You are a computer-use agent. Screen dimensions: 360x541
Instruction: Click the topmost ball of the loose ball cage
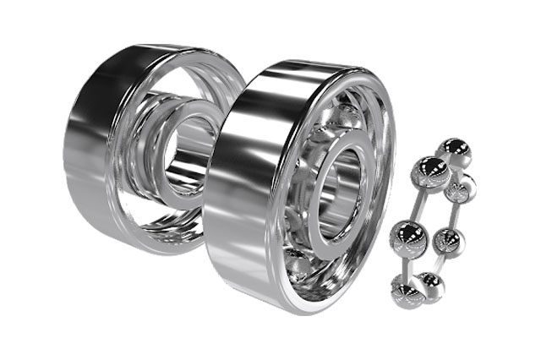(x=454, y=151)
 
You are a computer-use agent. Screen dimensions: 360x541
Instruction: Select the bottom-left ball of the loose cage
(x=407, y=289)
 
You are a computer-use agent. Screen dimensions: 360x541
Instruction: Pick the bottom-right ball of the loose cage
(x=430, y=286)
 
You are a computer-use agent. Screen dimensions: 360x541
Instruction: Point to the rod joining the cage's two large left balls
(x=418, y=203)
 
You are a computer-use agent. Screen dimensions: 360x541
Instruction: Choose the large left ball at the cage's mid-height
(x=407, y=236)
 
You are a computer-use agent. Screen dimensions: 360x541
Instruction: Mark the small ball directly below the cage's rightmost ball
(x=447, y=243)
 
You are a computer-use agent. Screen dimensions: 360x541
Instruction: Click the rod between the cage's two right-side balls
(x=456, y=215)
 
